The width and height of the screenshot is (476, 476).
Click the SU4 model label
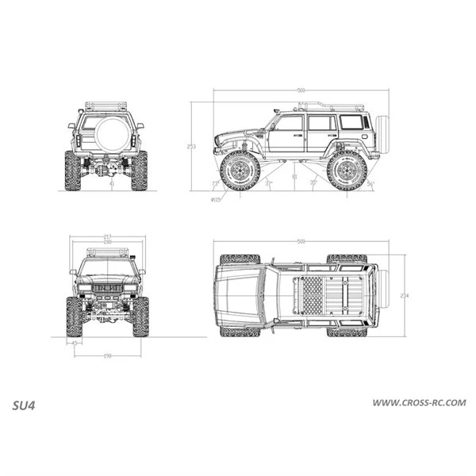(25, 404)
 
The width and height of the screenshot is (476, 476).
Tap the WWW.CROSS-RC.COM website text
(420, 404)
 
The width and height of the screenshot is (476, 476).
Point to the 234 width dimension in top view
(404, 295)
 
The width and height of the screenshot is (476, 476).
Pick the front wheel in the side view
(240, 171)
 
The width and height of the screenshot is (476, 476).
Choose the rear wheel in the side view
(347, 171)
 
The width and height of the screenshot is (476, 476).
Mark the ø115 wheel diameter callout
(216, 199)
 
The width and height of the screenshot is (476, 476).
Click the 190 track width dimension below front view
(106, 355)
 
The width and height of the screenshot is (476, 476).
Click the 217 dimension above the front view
(106, 236)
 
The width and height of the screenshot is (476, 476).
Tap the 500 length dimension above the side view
(301, 90)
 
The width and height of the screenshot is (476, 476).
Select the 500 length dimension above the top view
(301, 241)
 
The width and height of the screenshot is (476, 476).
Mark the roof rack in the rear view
(106, 106)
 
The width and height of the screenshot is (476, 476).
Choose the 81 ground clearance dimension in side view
(294, 177)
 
